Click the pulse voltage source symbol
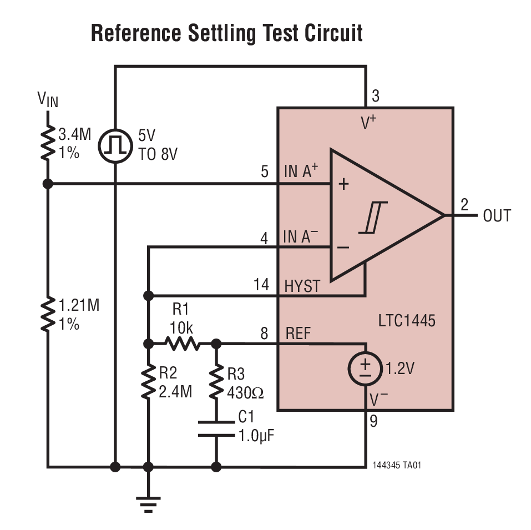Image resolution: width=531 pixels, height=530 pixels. [115, 146]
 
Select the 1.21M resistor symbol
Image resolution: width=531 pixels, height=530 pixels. [48, 314]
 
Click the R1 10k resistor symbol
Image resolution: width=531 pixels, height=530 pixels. [181, 344]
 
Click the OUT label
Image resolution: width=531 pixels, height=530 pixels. [497, 216]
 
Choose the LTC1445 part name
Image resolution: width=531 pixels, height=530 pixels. [407, 321]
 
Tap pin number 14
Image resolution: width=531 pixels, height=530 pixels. [261, 285]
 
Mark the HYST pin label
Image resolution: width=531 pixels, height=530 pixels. [302, 286]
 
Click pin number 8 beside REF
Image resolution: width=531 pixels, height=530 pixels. [264, 334]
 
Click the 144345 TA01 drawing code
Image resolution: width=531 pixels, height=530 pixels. [397, 465]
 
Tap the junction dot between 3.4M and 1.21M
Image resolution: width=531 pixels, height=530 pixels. [48, 184]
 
